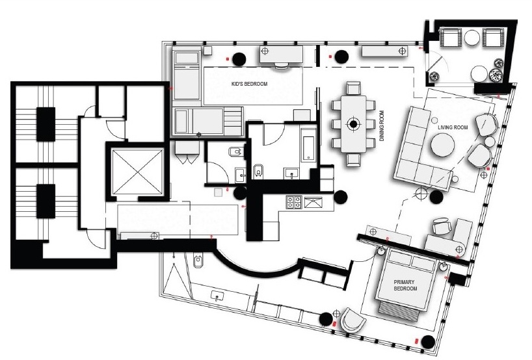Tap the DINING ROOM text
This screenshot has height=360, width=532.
(382, 126)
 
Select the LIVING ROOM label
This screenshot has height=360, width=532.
(453, 127)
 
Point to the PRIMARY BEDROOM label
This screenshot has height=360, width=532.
(405, 285)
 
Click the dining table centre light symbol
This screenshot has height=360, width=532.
(353, 124)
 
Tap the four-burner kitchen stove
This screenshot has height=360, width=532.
(294, 202)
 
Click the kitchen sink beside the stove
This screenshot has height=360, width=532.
(313, 203)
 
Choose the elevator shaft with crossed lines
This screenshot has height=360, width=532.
(137, 172)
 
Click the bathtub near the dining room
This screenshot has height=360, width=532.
(308, 148)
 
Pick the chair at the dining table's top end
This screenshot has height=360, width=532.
(353, 88)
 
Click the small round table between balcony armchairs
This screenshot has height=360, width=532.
(472, 37)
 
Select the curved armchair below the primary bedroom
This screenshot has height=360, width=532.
(352, 320)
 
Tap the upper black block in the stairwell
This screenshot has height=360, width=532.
(46, 124)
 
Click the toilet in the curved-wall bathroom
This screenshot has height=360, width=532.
(198, 261)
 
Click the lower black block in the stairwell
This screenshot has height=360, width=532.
(46, 201)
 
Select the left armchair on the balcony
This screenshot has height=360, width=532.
(451, 37)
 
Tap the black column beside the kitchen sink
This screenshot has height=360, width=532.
(341, 197)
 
